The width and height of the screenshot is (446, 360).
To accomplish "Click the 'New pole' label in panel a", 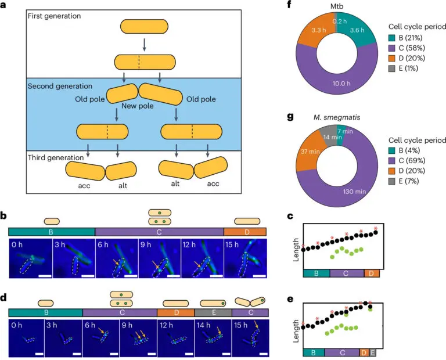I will coord(138,106).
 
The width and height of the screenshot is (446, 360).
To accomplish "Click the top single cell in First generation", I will coord(138,26).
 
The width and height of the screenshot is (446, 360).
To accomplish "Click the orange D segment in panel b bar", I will coord(244,231).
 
